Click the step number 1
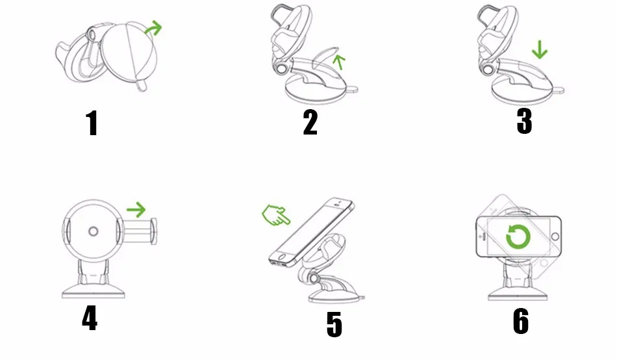[x=92, y=123]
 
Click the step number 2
[x=310, y=122]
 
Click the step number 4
[x=90, y=318]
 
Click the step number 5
[x=334, y=324]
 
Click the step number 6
[x=520, y=321]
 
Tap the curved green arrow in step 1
[x=153, y=29]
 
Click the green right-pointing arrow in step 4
[x=136, y=209]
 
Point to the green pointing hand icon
[x=277, y=215]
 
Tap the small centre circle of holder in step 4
[x=93, y=231]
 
